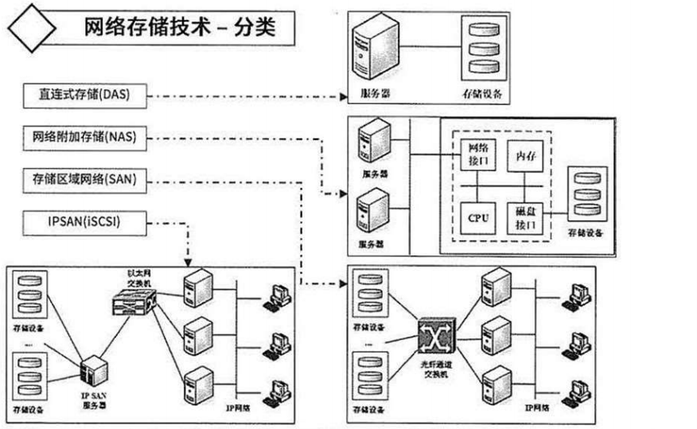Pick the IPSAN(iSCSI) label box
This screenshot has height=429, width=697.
(x=84, y=222)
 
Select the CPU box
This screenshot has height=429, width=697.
(x=478, y=216)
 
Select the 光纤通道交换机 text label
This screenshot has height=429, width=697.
(x=434, y=368)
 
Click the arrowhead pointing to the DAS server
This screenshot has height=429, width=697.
(x=344, y=98)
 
